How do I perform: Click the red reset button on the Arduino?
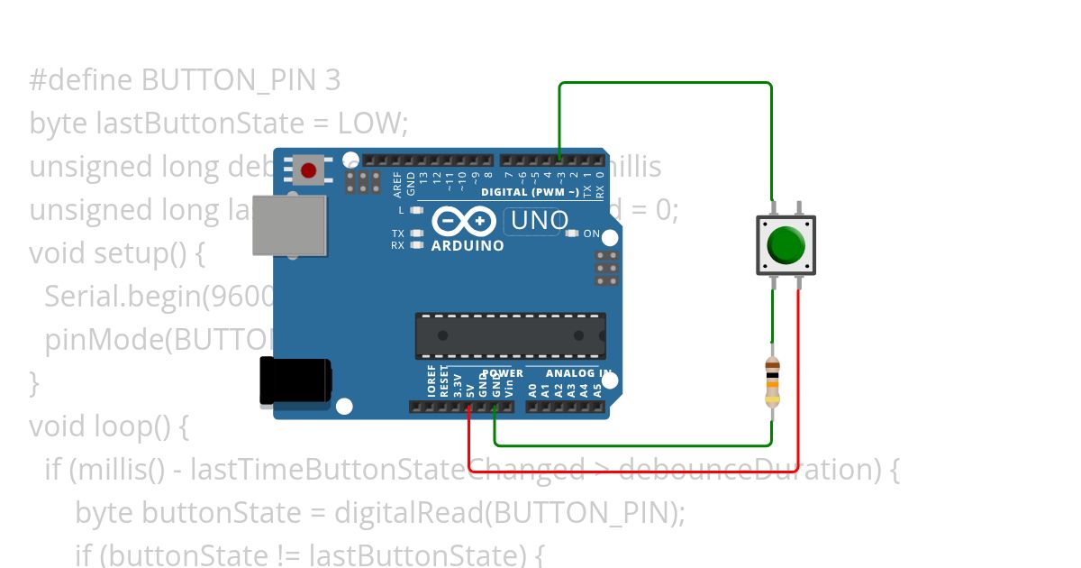click(309, 169)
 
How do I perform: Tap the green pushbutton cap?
click(786, 244)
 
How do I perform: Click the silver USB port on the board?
click(289, 224)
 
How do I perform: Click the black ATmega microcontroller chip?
click(510, 335)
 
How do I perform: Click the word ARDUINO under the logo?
click(468, 245)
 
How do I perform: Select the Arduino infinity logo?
click(464, 221)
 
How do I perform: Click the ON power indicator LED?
click(571, 234)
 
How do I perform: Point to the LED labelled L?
click(416, 210)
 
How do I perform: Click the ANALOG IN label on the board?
click(581, 373)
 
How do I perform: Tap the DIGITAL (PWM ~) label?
click(530, 192)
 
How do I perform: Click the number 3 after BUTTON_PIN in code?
click(332, 80)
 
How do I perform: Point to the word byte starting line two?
click(59, 124)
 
